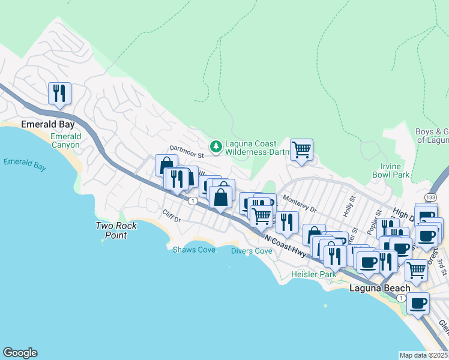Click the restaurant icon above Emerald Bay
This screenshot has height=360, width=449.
(59, 93)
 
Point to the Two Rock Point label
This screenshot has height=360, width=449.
(116, 230)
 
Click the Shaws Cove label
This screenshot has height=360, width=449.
(194, 250)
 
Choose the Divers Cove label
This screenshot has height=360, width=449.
(252, 251)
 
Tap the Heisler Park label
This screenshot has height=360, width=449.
(313, 274)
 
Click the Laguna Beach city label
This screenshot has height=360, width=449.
(380, 288)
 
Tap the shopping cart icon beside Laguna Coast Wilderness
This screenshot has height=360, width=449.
(301, 149)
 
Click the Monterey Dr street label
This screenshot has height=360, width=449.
(298, 205)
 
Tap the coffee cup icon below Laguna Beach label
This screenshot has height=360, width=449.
(418, 303)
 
